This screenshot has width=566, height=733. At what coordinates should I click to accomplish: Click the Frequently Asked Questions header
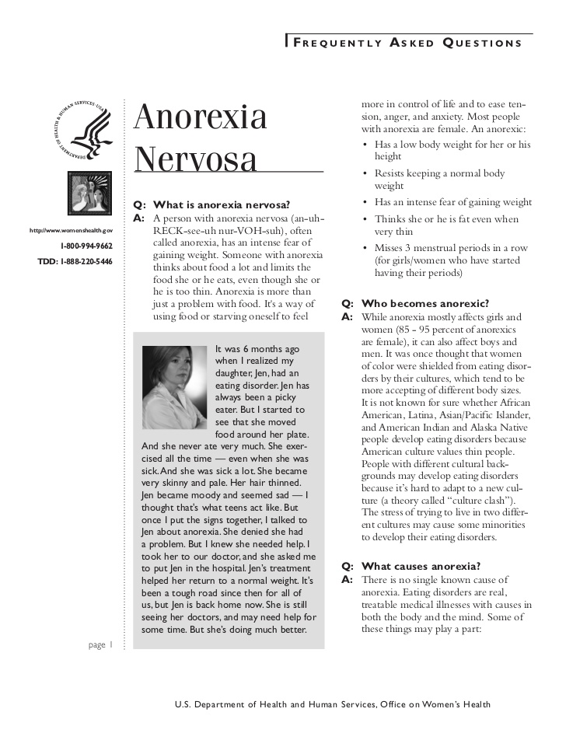click(408, 44)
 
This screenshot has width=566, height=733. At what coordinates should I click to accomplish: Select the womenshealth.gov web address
click(71, 231)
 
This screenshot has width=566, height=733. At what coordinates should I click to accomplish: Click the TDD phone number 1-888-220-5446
click(75, 261)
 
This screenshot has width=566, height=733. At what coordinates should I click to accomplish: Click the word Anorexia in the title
click(201, 117)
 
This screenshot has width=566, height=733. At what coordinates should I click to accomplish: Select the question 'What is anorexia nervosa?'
click(222, 205)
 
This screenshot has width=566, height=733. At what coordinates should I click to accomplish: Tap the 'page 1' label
click(101, 644)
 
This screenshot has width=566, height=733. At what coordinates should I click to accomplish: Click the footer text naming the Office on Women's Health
click(333, 704)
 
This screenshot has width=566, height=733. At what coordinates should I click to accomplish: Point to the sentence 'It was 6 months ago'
click(257, 349)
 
